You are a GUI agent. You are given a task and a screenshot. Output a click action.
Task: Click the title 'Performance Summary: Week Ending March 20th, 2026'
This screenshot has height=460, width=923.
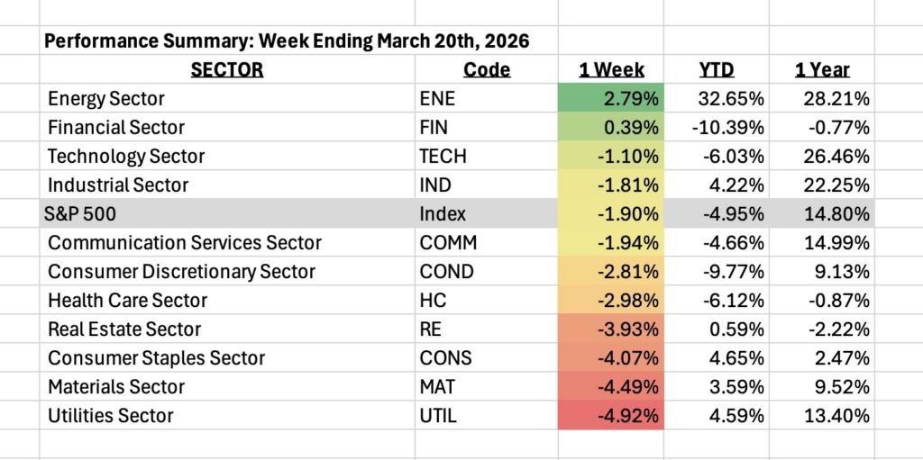tap(287, 41)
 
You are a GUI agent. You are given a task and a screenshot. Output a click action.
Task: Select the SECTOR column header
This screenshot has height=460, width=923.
tap(226, 69)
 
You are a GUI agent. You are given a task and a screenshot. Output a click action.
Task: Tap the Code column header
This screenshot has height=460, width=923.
tap(487, 69)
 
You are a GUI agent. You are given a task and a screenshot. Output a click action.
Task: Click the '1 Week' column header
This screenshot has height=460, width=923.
tap(611, 69)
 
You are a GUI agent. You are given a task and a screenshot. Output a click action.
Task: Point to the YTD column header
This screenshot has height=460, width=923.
tap(717, 69)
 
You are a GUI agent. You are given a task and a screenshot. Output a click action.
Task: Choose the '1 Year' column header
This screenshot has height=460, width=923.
tap(821, 69)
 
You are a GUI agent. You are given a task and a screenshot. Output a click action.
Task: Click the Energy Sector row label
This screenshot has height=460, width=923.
tap(106, 98)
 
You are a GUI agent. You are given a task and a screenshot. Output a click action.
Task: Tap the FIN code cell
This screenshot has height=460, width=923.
tap(434, 127)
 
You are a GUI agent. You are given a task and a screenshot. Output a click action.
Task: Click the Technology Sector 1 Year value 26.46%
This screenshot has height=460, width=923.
tap(837, 156)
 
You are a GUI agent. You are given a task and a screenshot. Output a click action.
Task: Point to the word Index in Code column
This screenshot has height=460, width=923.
tap(440, 213)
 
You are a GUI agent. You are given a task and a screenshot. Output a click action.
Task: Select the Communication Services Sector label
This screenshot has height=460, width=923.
tap(185, 242)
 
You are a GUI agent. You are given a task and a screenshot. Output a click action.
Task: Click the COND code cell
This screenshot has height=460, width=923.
tap(443, 271)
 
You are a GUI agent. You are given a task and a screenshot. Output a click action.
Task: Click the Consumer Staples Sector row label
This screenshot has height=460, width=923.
tap(157, 357)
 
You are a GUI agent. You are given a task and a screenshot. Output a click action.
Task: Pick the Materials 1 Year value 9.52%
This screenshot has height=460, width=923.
tap(842, 386)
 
